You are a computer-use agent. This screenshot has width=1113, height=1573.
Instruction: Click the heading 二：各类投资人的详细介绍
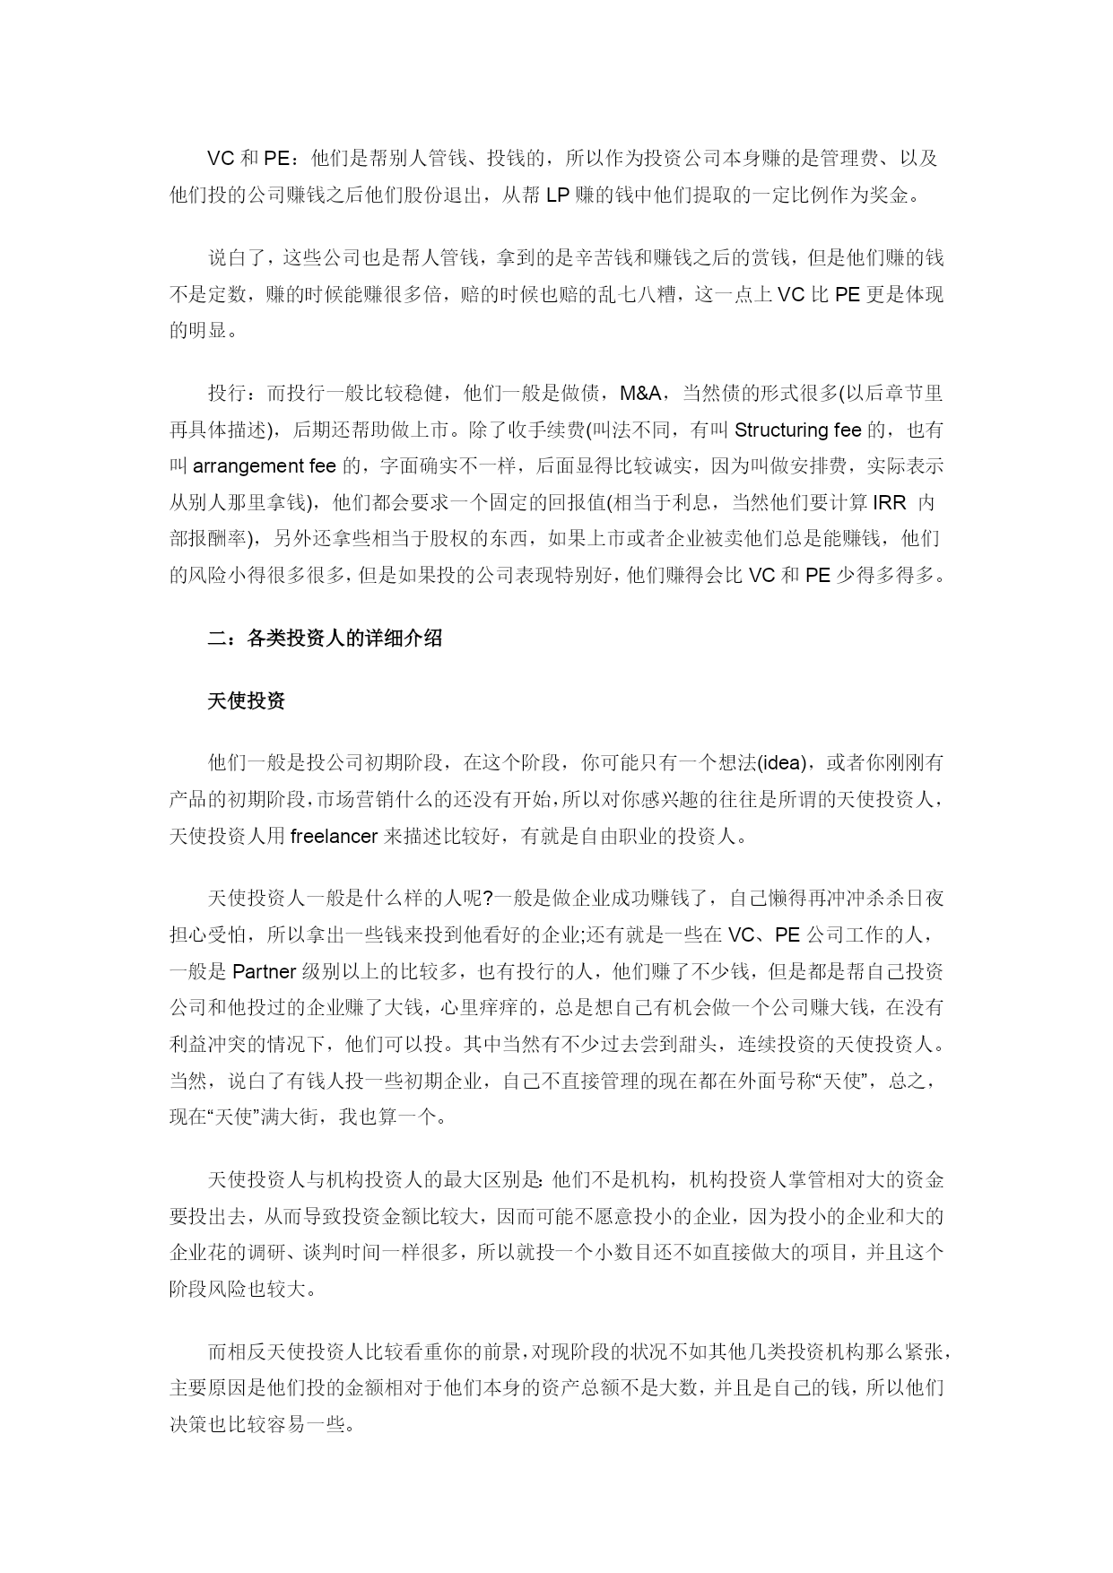coord(325,639)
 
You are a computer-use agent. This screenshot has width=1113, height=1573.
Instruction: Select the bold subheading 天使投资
coord(246,701)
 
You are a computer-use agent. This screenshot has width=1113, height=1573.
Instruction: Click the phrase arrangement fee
coord(265,466)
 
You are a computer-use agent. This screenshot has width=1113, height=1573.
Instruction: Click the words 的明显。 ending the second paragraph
coord(205,330)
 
